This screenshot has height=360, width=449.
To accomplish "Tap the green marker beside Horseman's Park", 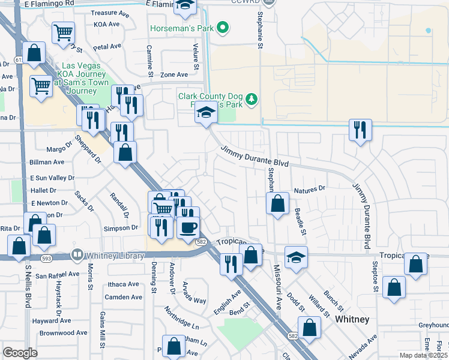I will [x=223, y=27].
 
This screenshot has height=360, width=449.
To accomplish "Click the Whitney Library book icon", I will [x=77, y=255].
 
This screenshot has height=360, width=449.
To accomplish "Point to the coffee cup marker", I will [x=188, y=227].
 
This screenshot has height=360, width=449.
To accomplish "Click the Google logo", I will [x=20, y=353].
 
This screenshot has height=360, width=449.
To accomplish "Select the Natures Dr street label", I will [x=309, y=189].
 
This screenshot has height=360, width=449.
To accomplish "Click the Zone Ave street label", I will [x=174, y=75].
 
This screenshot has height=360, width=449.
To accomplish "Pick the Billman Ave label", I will [x=47, y=162].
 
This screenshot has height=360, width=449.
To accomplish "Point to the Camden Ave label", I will [x=123, y=297].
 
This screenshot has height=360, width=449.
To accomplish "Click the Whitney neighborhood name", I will [x=352, y=319].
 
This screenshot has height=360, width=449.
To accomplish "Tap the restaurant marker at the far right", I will [x=360, y=130].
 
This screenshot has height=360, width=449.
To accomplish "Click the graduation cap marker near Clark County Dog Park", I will [x=206, y=112].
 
